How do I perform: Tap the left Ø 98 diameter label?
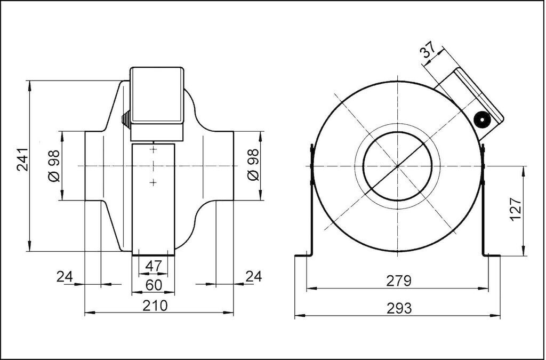[54, 166]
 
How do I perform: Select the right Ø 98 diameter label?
[254, 165]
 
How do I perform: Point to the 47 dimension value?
[154, 266]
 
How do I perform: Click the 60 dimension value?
[154, 285]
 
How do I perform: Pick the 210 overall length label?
[155, 306]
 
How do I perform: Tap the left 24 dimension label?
[65, 277]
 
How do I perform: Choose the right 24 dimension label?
[253, 276]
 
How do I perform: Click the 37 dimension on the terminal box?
[428, 51]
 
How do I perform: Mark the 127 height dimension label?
[516, 209]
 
